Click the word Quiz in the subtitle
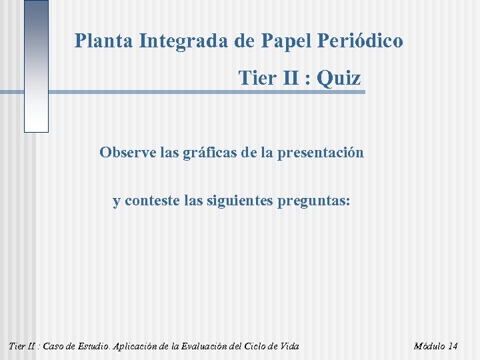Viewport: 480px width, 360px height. (x=339, y=78)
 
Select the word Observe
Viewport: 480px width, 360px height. (x=128, y=152)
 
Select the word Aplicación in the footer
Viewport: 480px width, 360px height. (x=143, y=346)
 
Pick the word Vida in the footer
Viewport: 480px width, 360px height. (x=291, y=346)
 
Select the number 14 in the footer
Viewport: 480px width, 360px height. (x=452, y=346)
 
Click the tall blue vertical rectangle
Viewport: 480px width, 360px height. (x=36, y=66)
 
